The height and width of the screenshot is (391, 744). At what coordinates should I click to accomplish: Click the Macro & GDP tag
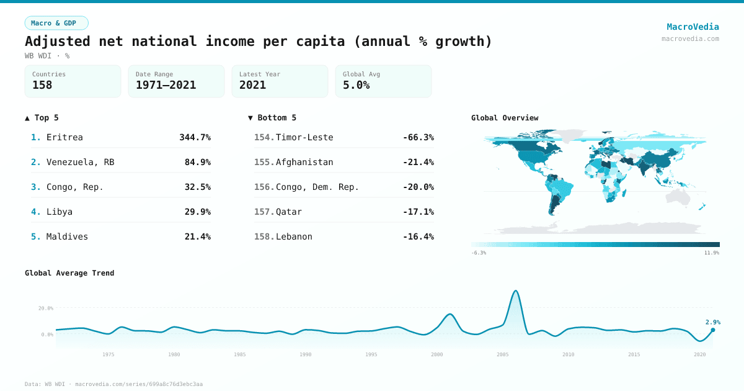pyautogui.click(x=56, y=23)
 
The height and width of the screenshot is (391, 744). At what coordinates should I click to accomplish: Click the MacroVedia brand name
pyautogui.click(x=693, y=27)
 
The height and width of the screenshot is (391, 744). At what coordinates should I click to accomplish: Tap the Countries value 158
pyautogui.click(x=42, y=85)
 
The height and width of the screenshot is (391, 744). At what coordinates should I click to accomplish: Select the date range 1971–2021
pyautogui.click(x=166, y=85)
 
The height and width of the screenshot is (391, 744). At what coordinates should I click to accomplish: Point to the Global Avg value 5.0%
pyautogui.click(x=356, y=85)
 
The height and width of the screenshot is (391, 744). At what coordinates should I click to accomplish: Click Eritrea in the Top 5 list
pyautogui.click(x=64, y=137)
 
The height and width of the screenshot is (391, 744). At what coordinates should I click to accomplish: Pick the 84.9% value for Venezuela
pyautogui.click(x=197, y=162)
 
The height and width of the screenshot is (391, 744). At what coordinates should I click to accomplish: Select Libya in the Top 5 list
pyautogui.click(x=60, y=212)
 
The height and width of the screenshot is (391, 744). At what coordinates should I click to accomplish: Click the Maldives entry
pyautogui.click(x=67, y=236)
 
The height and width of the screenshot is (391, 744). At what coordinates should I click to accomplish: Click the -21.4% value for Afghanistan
pyautogui.click(x=418, y=162)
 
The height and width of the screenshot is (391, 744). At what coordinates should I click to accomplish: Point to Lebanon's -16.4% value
pyautogui.click(x=418, y=236)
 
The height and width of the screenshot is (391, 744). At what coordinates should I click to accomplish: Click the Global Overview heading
pyautogui.click(x=505, y=118)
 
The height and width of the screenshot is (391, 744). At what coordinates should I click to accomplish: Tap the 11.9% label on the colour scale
pyautogui.click(x=712, y=253)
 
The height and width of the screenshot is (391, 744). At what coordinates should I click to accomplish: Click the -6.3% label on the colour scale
pyautogui.click(x=479, y=253)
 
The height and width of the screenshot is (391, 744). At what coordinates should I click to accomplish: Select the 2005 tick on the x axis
pyautogui.click(x=503, y=354)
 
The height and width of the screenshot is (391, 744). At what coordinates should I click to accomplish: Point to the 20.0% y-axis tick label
pyautogui.click(x=46, y=308)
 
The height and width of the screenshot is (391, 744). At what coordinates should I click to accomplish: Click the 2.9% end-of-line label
pyautogui.click(x=712, y=322)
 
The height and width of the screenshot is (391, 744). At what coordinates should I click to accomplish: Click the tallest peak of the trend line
pyautogui.click(x=516, y=290)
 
